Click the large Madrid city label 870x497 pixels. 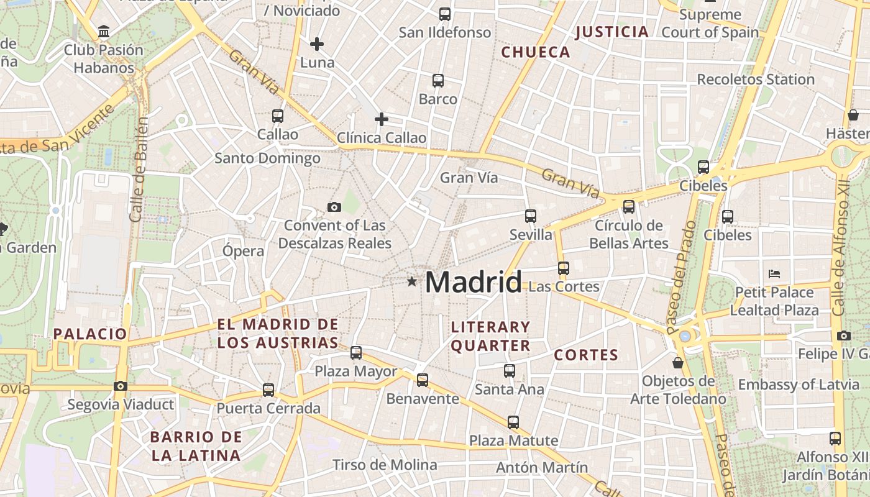474,283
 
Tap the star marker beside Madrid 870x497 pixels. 411,282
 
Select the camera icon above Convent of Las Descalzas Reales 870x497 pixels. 334,207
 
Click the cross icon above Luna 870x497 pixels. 317,44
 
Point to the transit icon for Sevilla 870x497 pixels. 530,216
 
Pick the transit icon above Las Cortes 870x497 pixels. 563,268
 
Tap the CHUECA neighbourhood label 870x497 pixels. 536,52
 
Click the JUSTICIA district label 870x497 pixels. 612,32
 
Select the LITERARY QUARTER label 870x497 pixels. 490,336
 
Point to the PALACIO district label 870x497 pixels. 90,334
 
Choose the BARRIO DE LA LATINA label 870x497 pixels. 196,446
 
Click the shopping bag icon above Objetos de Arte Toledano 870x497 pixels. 678,362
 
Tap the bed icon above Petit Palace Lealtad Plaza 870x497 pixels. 774,273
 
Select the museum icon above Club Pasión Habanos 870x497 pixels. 104,31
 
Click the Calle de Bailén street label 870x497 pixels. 139,169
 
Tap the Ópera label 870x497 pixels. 243,251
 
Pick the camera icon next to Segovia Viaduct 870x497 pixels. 121,386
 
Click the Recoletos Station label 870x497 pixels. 755,80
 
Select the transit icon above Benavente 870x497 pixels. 423,380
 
